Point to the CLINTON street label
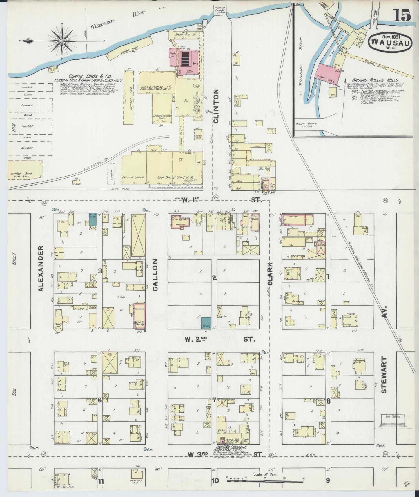(216, 106)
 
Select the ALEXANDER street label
(41, 268)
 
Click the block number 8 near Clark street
(328, 401)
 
